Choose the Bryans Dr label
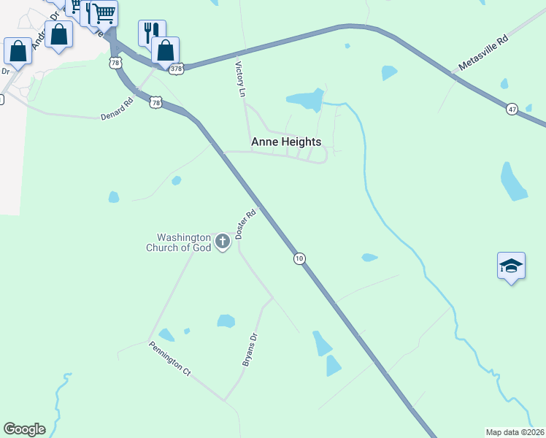250,350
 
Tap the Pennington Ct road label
169,358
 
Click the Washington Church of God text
185,242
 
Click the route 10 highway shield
299,258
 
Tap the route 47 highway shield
512,109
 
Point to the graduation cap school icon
511,266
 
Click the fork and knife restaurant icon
151,32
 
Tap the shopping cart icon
104,12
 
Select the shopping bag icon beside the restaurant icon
166,51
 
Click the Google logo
24,429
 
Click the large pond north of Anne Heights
305,100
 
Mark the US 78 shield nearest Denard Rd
155,103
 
